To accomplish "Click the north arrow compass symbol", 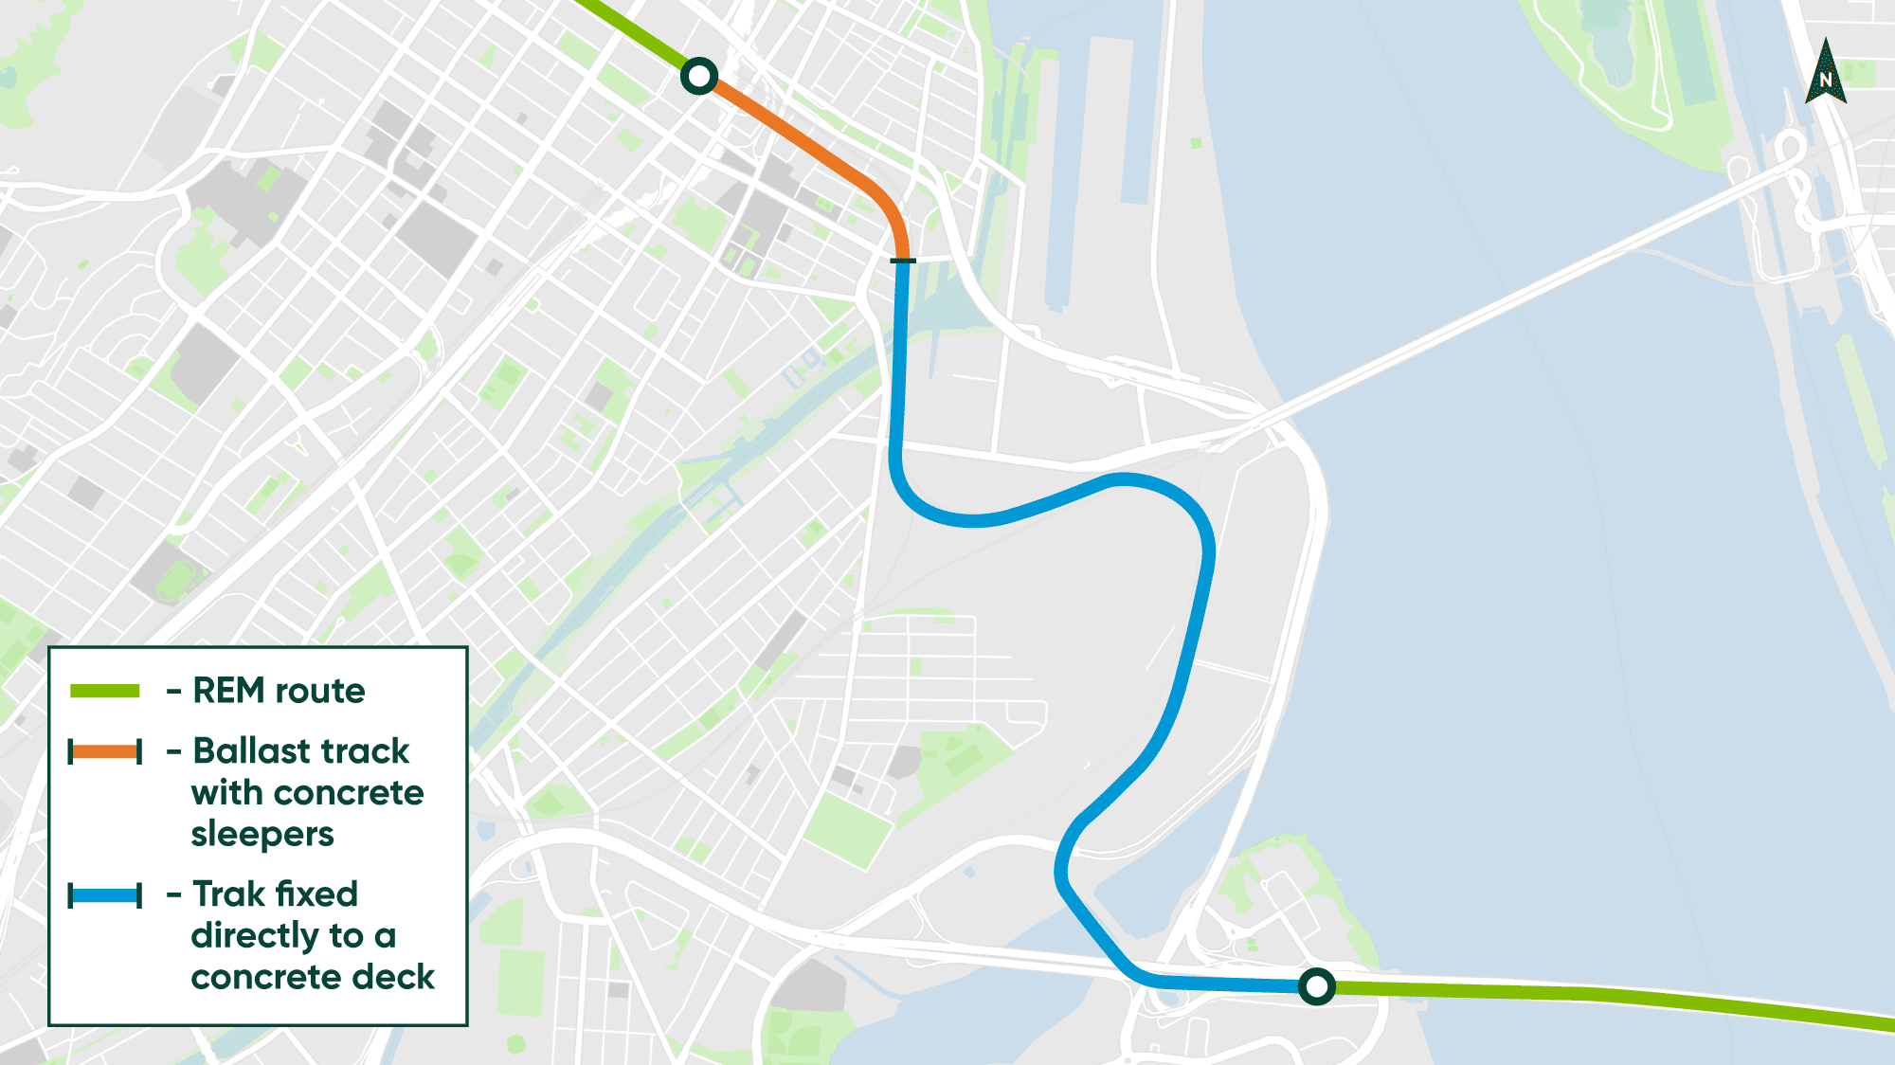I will click(1826, 71).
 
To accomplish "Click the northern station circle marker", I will click(699, 76).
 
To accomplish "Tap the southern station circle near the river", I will click(1316, 986).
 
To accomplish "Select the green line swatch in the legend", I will click(105, 691).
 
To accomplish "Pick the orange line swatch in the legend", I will click(105, 752).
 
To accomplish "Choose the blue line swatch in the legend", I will click(105, 895).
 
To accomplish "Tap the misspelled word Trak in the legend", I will click(227, 894).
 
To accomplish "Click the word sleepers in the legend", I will click(262, 835).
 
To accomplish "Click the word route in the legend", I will click(319, 692).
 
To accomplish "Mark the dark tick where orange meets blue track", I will click(903, 261).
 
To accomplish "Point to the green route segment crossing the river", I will click(1611, 997).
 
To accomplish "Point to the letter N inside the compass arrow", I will click(1826, 81).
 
